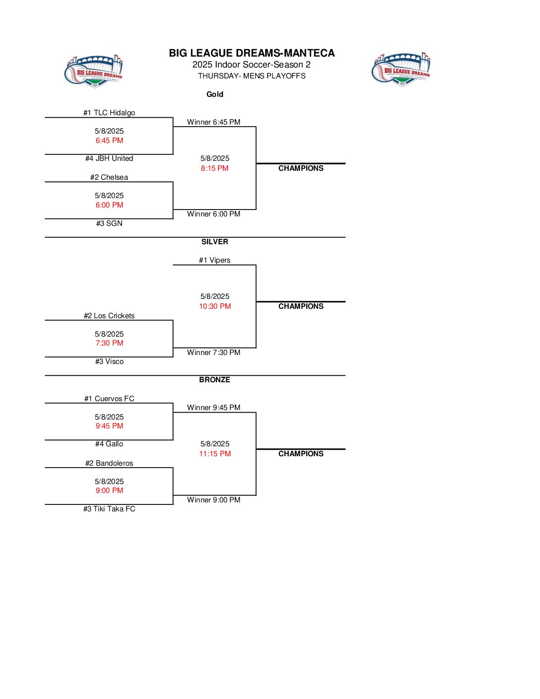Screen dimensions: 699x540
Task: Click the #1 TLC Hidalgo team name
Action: tap(109, 113)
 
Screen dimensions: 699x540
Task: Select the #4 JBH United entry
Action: tap(109, 158)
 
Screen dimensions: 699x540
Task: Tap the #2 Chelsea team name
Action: tap(109, 177)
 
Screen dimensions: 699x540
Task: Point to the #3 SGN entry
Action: tap(109, 223)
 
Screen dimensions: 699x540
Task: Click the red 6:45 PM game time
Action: tap(109, 140)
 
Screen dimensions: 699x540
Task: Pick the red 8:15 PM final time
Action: tap(214, 168)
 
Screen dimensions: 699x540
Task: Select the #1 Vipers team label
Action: tap(214, 260)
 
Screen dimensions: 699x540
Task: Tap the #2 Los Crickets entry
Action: tap(109, 316)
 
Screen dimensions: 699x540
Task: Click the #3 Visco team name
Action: tap(109, 361)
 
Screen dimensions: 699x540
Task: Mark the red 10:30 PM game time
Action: tap(215, 306)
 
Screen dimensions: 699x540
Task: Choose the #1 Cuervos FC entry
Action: tap(109, 399)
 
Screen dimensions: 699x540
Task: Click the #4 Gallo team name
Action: tap(109, 444)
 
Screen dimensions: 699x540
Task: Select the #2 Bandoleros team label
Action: tap(109, 463)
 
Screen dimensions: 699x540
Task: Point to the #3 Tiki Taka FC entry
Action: tap(109, 509)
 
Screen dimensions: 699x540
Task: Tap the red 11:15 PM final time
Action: tap(215, 454)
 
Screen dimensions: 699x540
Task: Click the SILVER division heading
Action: tap(214, 242)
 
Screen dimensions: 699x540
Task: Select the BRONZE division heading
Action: tap(214, 380)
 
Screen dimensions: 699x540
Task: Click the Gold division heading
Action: tap(214, 94)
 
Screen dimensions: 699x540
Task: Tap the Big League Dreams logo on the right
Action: tap(401, 70)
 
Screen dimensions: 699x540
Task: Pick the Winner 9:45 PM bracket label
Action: tap(213, 408)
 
